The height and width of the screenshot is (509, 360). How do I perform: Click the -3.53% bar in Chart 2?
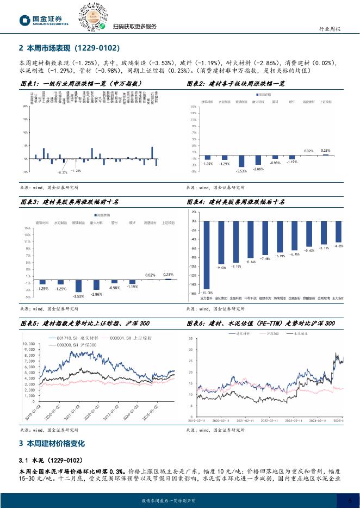[241, 161]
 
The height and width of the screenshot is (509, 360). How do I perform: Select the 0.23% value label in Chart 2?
[326, 150]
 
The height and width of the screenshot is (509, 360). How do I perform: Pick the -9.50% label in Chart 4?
[221, 268]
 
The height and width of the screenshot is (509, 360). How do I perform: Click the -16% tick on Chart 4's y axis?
[194, 293]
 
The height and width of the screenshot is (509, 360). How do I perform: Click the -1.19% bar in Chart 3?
[132, 283]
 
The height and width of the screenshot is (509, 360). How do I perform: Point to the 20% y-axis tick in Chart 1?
[25, 107]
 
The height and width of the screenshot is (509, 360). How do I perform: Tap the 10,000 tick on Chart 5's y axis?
[27, 344]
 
